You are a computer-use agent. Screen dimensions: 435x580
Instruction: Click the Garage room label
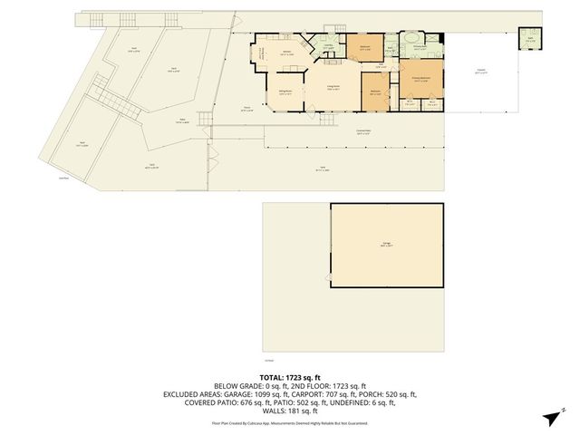tap(387, 246)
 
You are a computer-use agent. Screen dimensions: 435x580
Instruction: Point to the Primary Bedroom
tap(422, 80)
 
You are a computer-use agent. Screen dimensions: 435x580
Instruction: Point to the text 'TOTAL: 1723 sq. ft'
tap(290, 376)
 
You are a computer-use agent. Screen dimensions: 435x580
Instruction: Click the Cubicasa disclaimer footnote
tap(290, 422)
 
